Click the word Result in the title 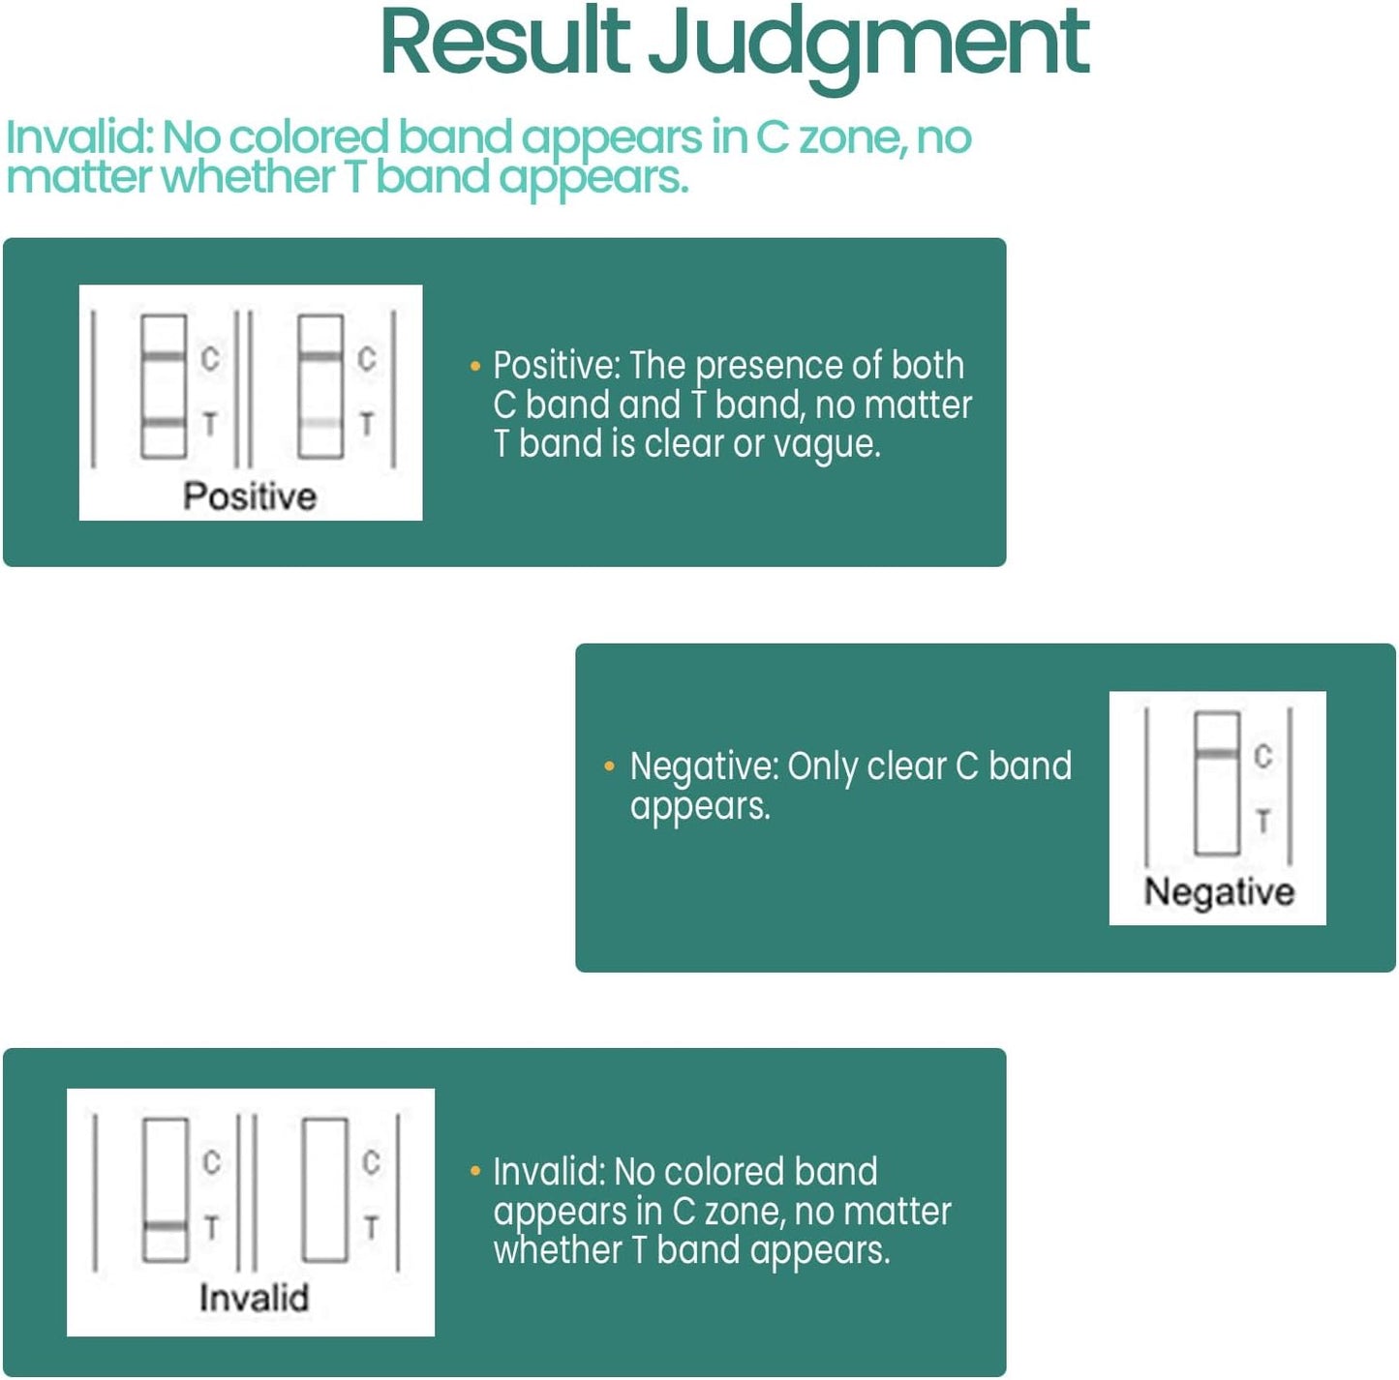coord(504,43)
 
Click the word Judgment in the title coord(868,49)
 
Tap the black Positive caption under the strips coord(250,496)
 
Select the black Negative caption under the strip coord(1219,892)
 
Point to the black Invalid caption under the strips coord(254,1297)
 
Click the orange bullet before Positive coord(475,367)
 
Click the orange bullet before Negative coord(609,765)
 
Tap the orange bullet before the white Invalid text coord(475,1170)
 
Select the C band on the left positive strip coord(164,356)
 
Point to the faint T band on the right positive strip coord(320,423)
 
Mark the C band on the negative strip coord(1217,754)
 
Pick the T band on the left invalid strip coord(166,1227)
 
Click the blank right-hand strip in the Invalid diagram coord(325,1189)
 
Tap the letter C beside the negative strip coord(1263,757)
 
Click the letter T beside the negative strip coord(1263,821)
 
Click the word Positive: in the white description coord(557,365)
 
